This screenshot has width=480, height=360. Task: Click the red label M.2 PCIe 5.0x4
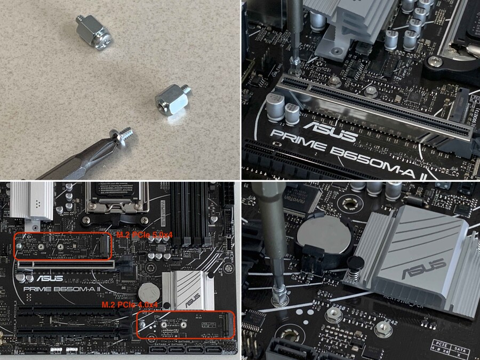138,235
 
